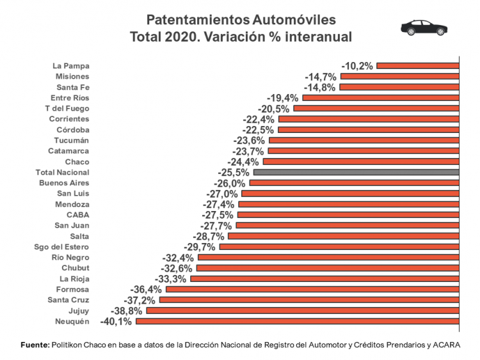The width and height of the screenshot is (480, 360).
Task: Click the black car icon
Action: [424, 27]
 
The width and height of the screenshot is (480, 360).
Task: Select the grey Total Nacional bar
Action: [356, 172]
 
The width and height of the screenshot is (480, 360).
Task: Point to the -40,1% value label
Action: [116, 321]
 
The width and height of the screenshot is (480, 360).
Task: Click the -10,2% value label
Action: [357, 65]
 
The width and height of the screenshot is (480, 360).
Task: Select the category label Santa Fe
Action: [72, 87]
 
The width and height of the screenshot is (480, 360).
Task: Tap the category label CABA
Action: [78, 215]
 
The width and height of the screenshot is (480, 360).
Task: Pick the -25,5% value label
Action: [234, 172]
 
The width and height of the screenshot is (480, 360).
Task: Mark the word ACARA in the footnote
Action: [446, 345]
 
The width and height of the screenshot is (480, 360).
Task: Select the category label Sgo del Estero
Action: [61, 247]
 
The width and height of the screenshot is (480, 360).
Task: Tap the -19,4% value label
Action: [283, 97]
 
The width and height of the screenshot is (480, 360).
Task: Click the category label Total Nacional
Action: [63, 172]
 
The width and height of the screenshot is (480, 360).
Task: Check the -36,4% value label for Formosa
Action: [146, 289]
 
